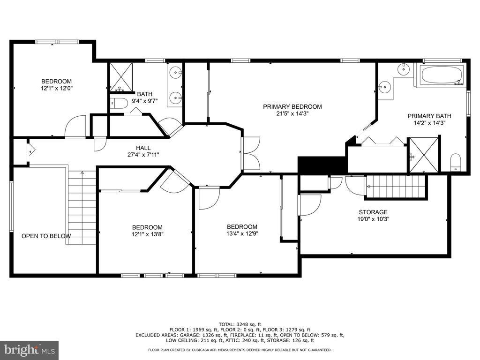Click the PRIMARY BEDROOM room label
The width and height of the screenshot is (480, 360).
pos(292,106)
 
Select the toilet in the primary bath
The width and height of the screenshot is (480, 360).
pos(456,162)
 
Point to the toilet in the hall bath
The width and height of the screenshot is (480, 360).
pos(119,104)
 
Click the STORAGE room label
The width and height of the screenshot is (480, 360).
pos(373,212)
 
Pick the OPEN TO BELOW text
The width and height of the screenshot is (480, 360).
pos(46,236)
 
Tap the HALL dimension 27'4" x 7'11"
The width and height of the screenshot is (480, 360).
pos(143,155)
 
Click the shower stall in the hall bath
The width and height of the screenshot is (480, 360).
pos(121,77)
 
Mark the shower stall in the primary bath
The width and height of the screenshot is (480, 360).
pos(424,155)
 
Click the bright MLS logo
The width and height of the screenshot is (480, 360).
pos(29,350)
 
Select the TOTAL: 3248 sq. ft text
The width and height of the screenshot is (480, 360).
pos(240,324)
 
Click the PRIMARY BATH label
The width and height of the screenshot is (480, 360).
pos(429,116)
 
